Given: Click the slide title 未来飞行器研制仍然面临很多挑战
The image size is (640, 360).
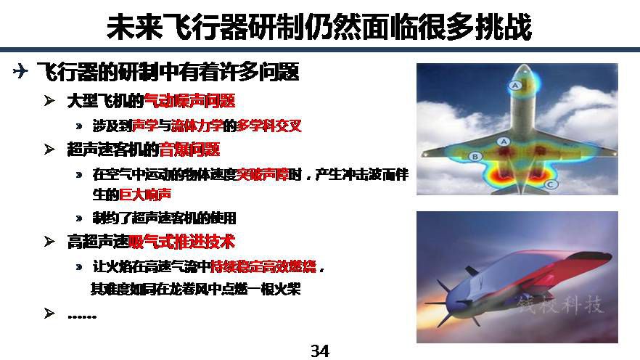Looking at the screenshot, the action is click(x=319, y=27).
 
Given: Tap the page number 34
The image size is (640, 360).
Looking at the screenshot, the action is click(x=319, y=351).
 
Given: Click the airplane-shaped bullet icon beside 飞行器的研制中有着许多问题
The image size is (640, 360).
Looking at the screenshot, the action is click(x=20, y=70).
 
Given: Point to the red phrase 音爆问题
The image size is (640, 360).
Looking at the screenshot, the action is click(x=189, y=150).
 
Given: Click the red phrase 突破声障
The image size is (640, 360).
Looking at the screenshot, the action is click(x=263, y=175).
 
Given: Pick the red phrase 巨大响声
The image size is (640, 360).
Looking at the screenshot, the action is click(x=145, y=195).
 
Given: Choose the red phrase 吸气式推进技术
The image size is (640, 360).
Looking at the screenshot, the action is click(x=182, y=242).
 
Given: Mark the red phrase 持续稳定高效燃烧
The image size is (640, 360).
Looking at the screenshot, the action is click(x=263, y=266).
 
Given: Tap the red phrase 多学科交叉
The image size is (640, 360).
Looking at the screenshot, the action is click(x=269, y=126).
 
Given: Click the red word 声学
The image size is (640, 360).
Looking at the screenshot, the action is click(x=145, y=126).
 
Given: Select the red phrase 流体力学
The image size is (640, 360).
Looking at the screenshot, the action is click(x=197, y=126).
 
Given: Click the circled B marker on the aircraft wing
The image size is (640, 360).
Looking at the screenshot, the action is click(x=475, y=156).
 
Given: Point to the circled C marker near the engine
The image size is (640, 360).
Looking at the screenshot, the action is click(x=550, y=184).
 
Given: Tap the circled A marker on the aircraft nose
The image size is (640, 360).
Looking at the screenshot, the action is click(x=514, y=86).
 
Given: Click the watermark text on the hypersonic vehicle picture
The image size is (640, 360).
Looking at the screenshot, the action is click(x=560, y=305).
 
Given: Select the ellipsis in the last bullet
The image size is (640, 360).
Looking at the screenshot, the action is click(x=82, y=316).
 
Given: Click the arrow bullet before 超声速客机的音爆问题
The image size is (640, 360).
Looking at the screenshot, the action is click(x=49, y=150).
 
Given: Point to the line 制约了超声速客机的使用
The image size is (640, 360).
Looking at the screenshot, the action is click(x=164, y=218).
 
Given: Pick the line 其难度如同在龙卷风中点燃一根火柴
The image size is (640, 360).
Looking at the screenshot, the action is click(x=195, y=290).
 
